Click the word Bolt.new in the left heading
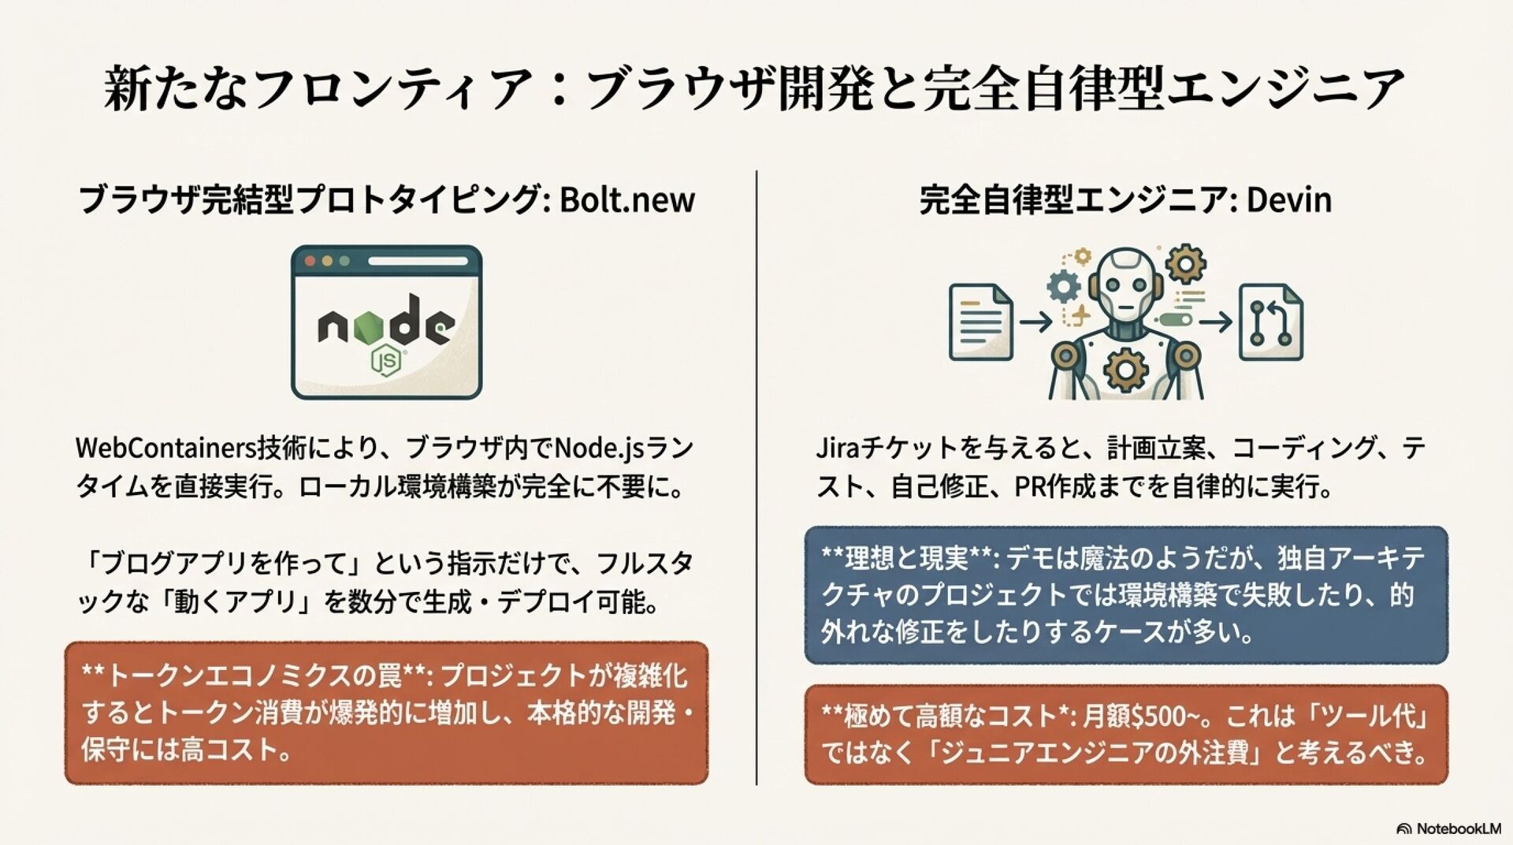(x=626, y=200)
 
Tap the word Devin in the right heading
(x=1288, y=200)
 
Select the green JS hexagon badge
(x=386, y=360)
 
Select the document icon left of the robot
(x=980, y=322)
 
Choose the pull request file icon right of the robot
(x=1270, y=322)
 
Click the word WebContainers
(x=166, y=448)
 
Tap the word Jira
(x=836, y=448)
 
